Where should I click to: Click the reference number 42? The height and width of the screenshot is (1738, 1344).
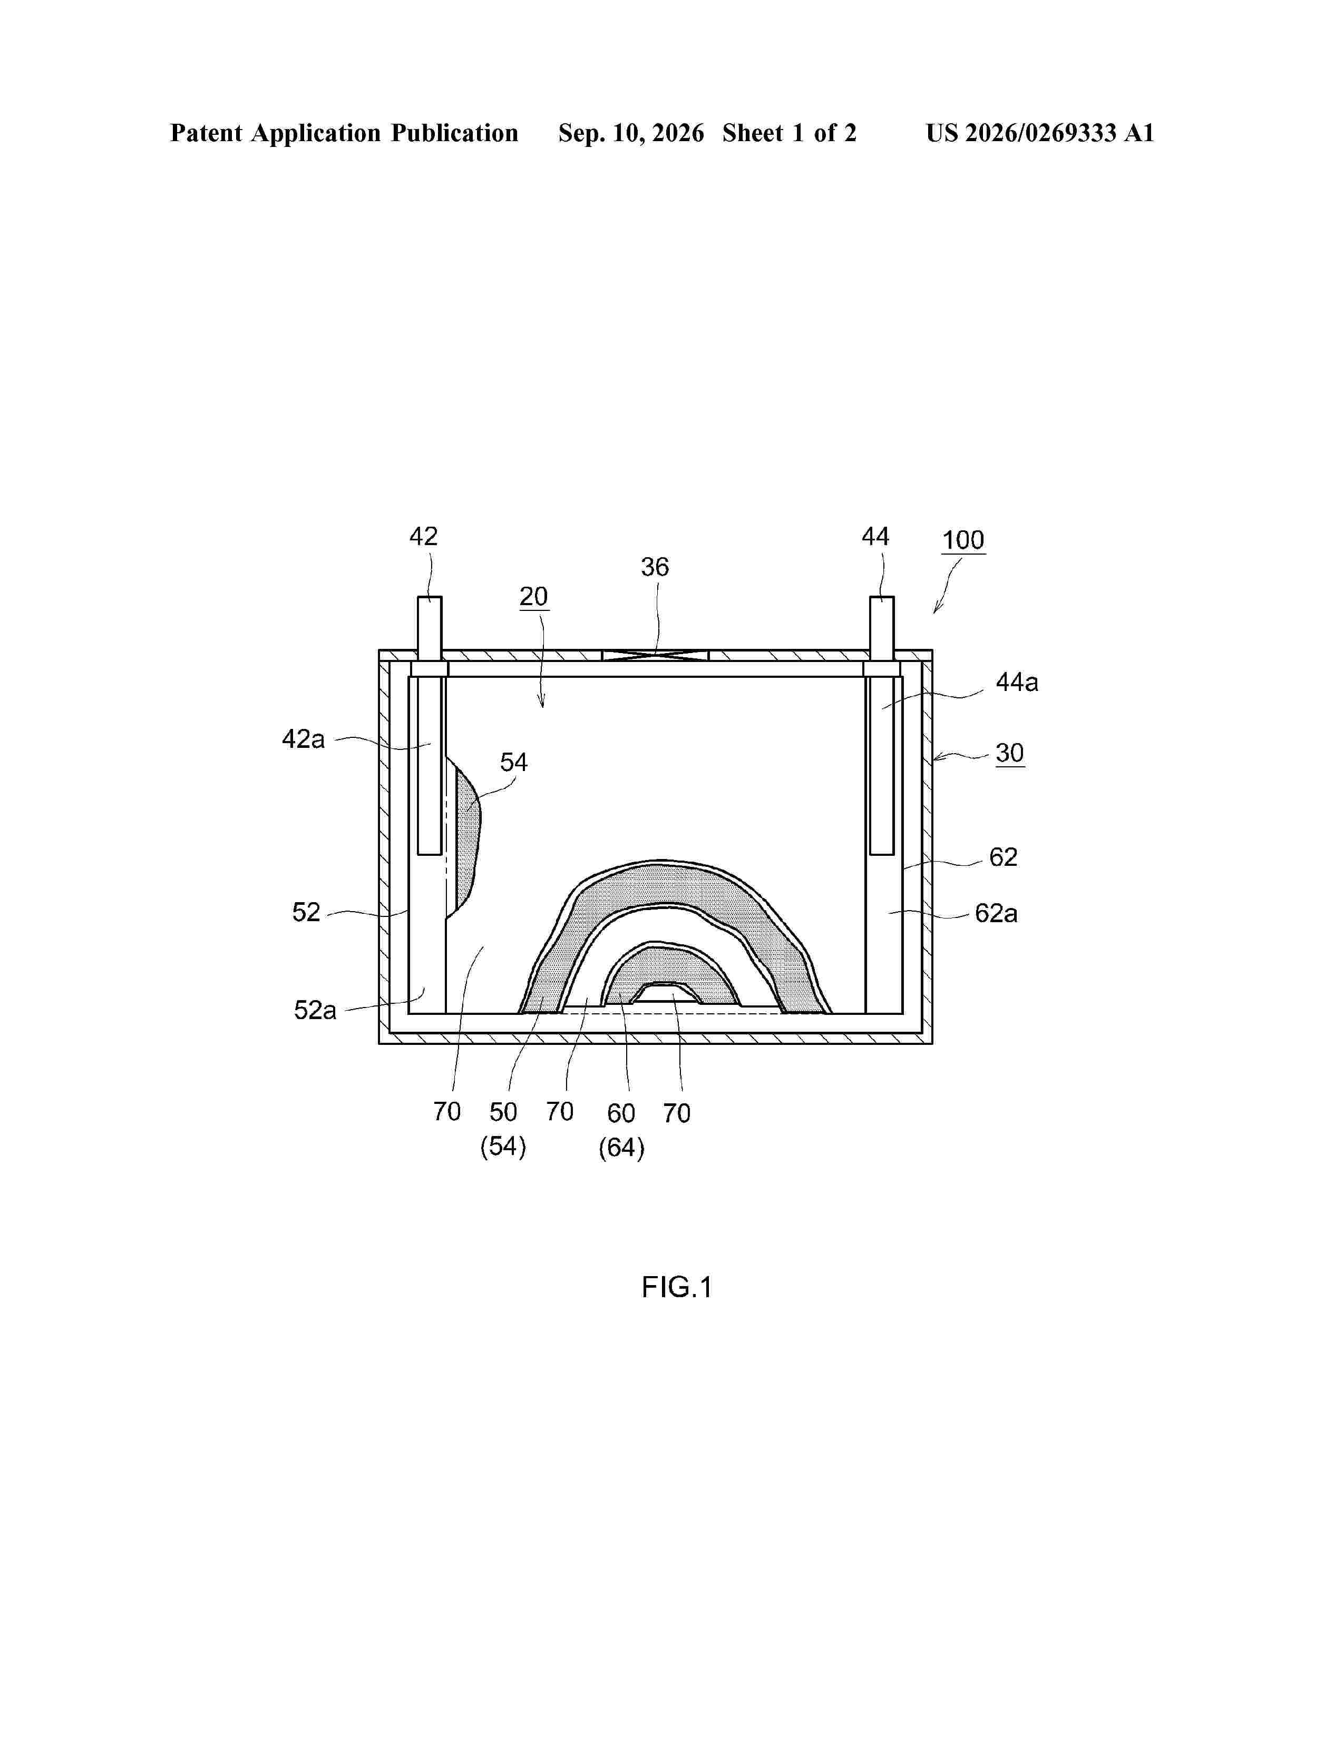point(424,536)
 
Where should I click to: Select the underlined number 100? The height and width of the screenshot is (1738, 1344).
point(963,540)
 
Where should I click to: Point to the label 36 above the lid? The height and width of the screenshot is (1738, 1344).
point(655,567)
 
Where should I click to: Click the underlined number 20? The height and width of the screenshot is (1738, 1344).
point(533,597)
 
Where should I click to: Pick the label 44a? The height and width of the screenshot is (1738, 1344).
point(1017,683)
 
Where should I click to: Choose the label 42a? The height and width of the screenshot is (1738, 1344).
point(304,739)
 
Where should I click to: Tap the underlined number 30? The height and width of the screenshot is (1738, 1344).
point(1010,753)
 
